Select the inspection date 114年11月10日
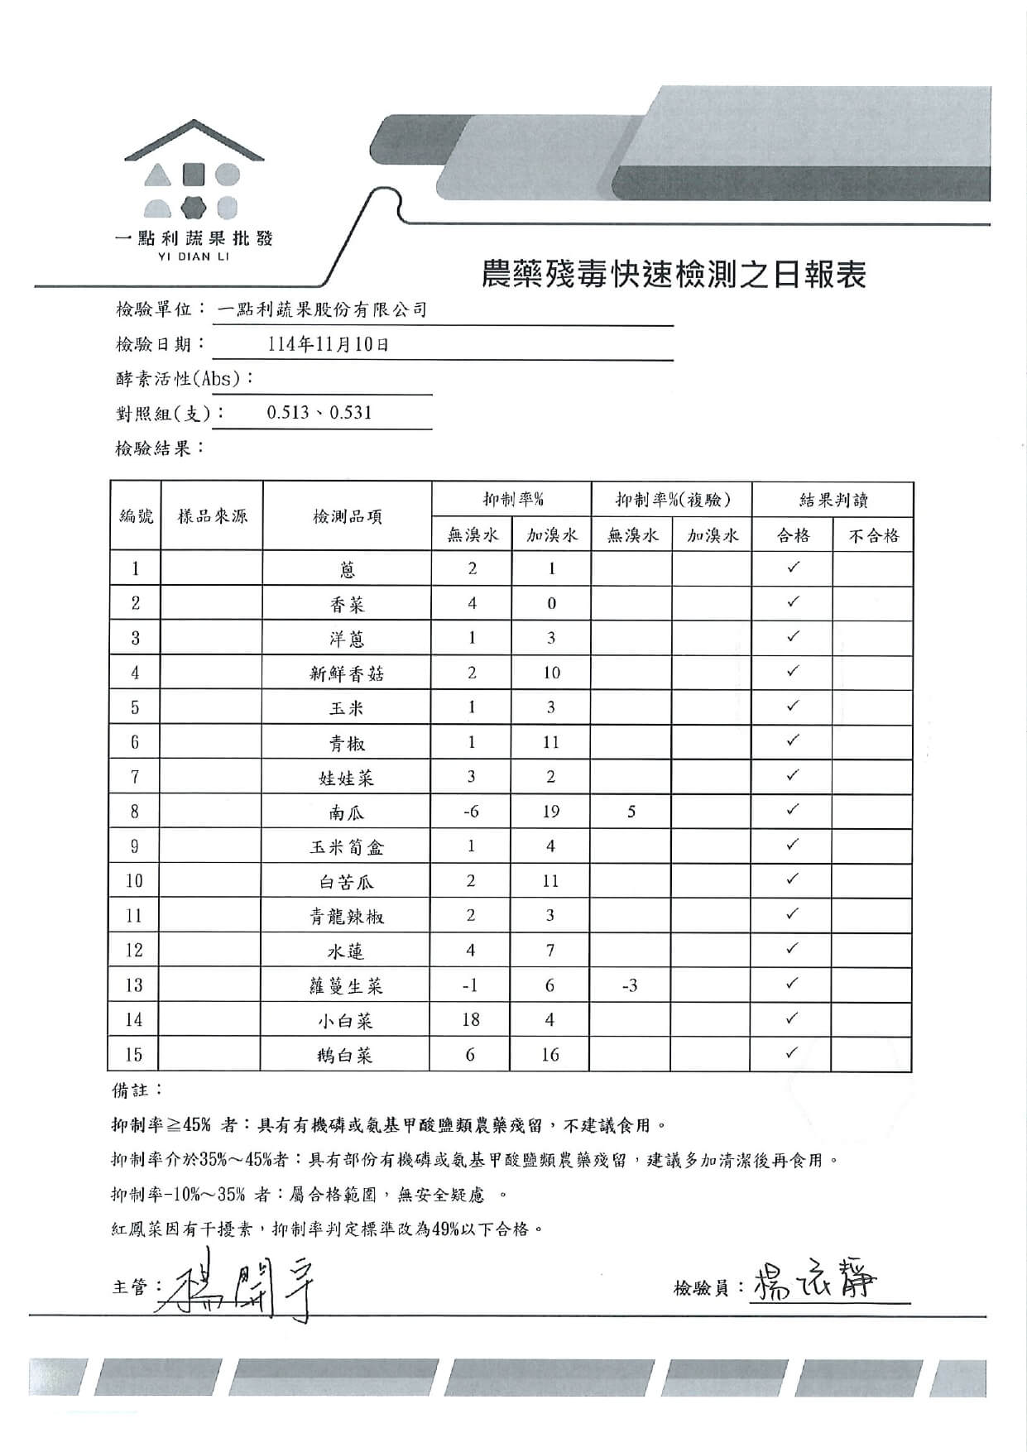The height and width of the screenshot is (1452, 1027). pyautogui.click(x=328, y=345)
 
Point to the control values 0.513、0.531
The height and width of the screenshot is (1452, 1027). pyautogui.click(x=319, y=413)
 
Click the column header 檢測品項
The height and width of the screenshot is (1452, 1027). pyautogui.click(x=347, y=517)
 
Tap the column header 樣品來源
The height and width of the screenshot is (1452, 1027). pyautogui.click(x=212, y=517)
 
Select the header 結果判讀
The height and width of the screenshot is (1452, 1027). pyautogui.click(x=833, y=500)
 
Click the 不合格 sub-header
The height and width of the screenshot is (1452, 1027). pyautogui.click(x=873, y=535)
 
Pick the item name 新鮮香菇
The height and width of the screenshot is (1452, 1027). pyautogui.click(x=347, y=673)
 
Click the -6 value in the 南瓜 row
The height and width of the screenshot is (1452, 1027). pyautogui.click(x=471, y=812)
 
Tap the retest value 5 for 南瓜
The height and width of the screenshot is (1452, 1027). pyautogui.click(x=631, y=812)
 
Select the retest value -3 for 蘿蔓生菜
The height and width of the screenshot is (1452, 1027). pyautogui.click(x=630, y=985)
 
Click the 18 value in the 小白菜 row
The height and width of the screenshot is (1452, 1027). pyautogui.click(x=471, y=1020)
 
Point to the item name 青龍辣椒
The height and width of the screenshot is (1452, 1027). pyautogui.click(x=347, y=916)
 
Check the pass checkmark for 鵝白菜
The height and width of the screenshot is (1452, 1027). pyautogui.click(x=792, y=1053)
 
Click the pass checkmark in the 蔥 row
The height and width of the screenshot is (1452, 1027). pyautogui.click(x=793, y=568)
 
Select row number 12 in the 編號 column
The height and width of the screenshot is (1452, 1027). pyautogui.click(x=134, y=951)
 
